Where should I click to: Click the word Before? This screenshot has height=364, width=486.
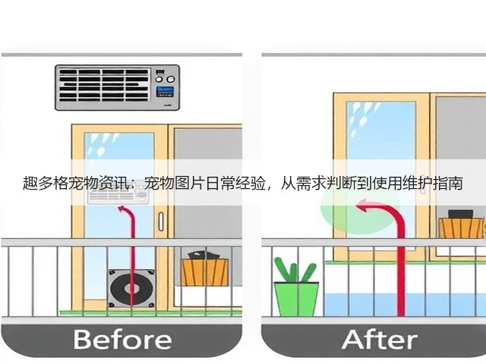122,340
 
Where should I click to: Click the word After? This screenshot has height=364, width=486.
380,340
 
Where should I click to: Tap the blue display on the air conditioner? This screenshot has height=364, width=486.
165,92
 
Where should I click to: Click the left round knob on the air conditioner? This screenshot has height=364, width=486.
159,79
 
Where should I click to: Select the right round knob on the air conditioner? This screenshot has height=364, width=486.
171,79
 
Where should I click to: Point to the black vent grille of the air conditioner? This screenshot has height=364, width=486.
104,85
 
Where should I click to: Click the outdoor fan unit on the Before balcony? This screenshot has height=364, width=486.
131,288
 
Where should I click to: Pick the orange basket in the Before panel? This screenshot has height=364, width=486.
205,271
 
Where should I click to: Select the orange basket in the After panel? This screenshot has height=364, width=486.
461,227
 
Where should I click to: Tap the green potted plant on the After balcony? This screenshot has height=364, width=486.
296,287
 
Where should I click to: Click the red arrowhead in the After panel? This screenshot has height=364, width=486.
362,206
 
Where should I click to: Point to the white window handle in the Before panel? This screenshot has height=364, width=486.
161,221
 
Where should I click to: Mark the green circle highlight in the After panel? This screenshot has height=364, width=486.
359,209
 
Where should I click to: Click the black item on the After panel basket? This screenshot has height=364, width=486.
461,214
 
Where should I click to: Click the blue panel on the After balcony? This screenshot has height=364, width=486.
402,304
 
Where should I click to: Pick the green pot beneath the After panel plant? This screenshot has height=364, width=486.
297,299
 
